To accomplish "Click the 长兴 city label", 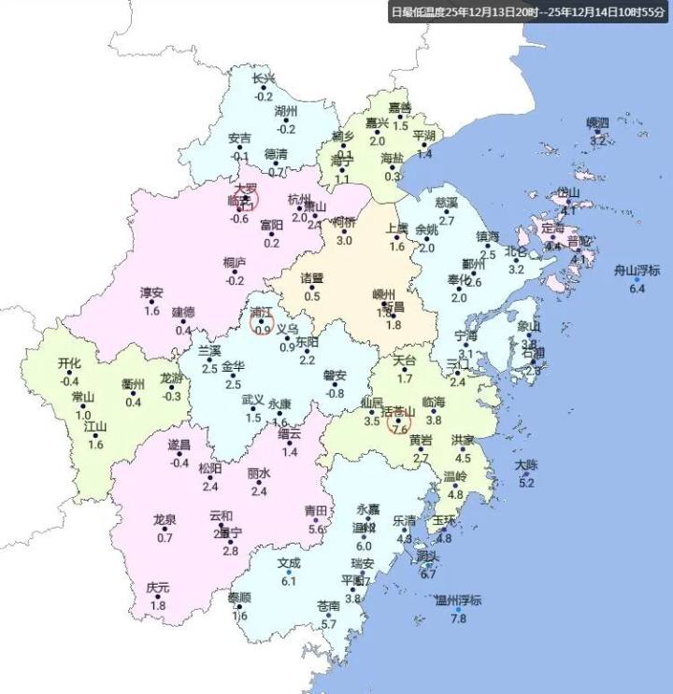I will coord(264,78).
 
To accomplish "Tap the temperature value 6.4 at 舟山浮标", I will coord(637,290).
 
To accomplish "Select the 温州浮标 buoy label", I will coord(458,601).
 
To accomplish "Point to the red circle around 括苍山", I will coord(399,423).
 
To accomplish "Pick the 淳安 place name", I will coord(151,292).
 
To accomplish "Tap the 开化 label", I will coord(69,363).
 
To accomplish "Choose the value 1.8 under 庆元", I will coord(158,606).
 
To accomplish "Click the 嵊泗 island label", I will coord(597,122).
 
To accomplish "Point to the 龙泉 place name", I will coord(165,519).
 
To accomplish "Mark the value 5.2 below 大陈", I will coord(526,483).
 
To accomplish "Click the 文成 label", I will coord(289,563).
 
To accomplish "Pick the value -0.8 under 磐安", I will coord(335,393).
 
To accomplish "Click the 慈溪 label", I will coord(447,202).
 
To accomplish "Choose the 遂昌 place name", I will coord(179,445).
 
